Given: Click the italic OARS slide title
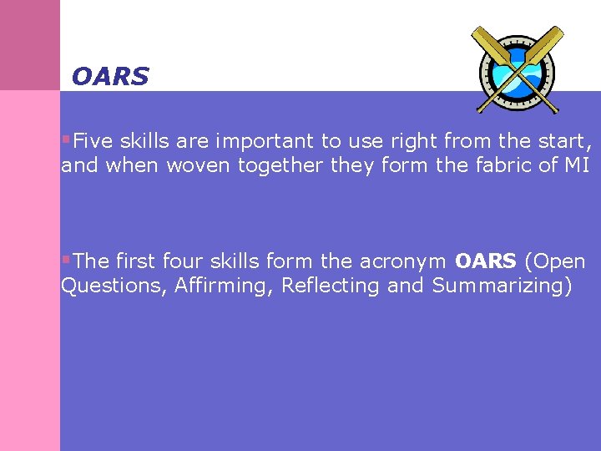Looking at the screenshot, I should (109, 77).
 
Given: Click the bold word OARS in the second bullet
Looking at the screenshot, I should (486, 261).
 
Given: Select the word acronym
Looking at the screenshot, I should (402, 261).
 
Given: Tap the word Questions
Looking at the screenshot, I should (114, 286).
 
